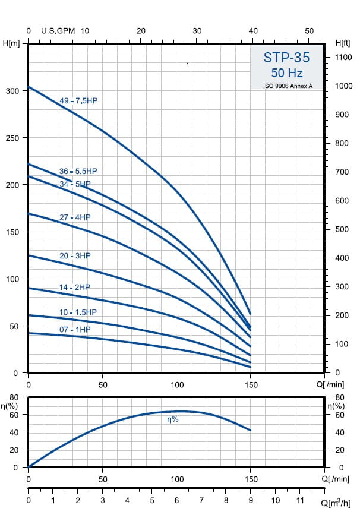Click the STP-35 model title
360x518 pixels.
[287, 58]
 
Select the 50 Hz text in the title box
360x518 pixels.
[287, 73]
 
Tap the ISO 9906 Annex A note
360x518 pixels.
[288, 86]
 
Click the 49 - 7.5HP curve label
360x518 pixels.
[78, 101]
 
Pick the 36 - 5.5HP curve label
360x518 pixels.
[78, 171]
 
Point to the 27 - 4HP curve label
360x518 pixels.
[75, 217]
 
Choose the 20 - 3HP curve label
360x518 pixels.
[75, 255]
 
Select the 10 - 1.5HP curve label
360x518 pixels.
[78, 312]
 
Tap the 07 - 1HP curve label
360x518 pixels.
[75, 329]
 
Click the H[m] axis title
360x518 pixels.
[11, 43]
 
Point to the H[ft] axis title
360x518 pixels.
[343, 43]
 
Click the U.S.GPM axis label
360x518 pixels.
[58, 31]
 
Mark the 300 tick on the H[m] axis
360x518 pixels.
[13, 90]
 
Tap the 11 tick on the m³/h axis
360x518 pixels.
[300, 501]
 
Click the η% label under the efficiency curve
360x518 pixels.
[172, 419]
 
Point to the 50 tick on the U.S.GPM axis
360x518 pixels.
[309, 31]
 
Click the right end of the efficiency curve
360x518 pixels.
[251, 430]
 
